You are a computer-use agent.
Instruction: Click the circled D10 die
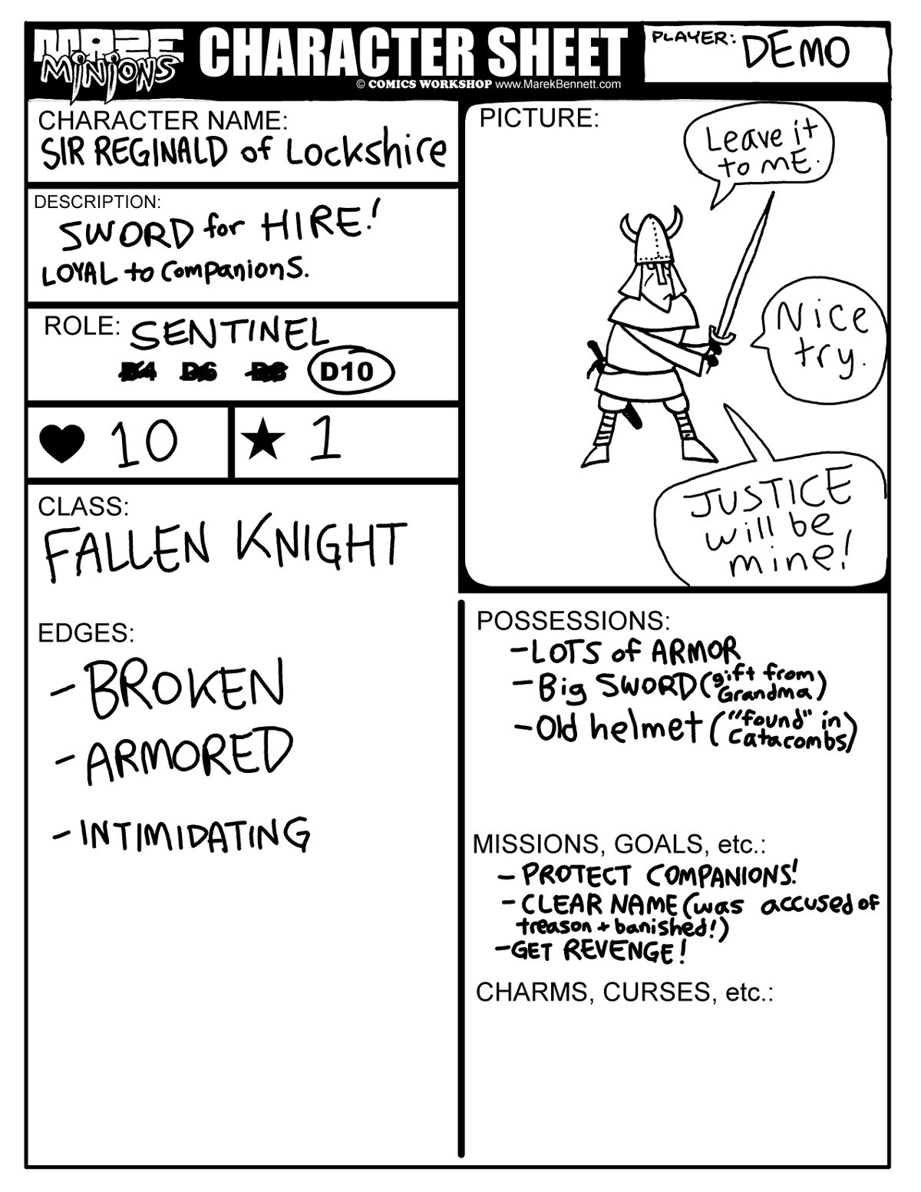[350, 372]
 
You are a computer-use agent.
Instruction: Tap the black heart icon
[62, 444]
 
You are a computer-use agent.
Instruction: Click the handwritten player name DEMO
[796, 51]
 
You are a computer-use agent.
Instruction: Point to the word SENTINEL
[229, 333]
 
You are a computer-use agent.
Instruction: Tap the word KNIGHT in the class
[322, 544]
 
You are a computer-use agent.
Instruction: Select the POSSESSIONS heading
[573, 620]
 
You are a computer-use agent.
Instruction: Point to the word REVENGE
[622, 952]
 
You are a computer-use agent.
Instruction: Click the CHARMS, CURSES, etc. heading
[624, 992]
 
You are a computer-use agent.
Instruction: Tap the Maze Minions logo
[107, 58]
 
